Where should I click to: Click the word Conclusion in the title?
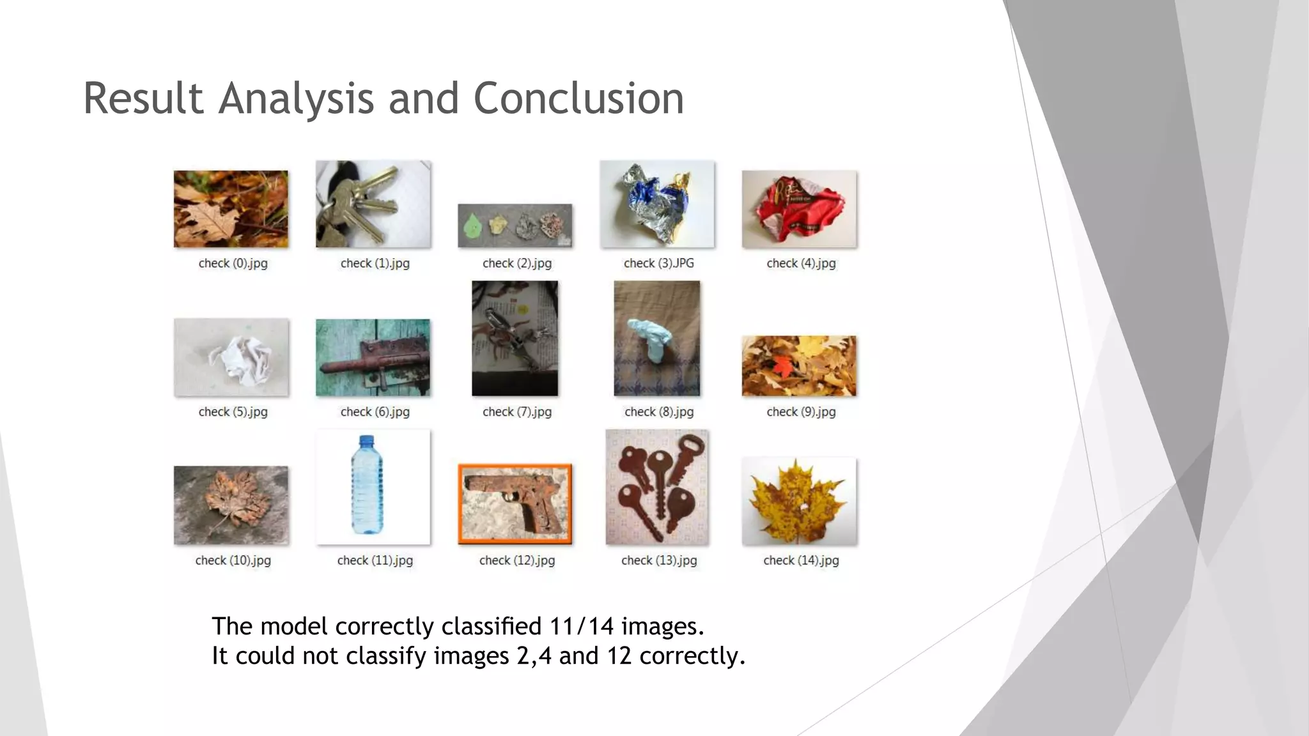coord(578,99)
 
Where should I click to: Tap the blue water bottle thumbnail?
coord(373,487)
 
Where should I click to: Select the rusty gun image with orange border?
coord(515,504)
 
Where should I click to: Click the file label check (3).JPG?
coord(658,263)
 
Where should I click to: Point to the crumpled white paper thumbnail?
coord(231,358)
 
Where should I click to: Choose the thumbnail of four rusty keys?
coord(657,487)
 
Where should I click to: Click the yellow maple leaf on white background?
coord(798,502)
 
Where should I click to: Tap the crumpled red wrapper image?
coord(799,209)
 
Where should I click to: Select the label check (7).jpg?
coord(516,412)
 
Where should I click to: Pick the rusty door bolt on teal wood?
coord(373,358)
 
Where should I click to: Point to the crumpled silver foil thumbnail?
coord(657,204)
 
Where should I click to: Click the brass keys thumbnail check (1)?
coord(373,204)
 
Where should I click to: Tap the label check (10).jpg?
coord(233,560)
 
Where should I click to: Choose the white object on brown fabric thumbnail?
coord(656,339)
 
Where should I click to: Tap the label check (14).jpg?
coord(800,560)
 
